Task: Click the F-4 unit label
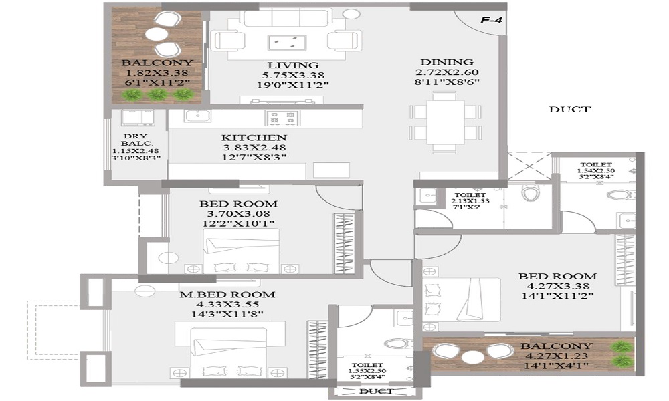coord(491,20)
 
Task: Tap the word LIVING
coord(293,65)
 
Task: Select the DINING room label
coord(447,62)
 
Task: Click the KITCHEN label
coord(254,138)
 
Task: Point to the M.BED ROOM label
coord(227,295)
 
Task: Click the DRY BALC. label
coord(136,140)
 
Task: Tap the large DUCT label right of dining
coord(569,109)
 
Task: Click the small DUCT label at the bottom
coord(375,391)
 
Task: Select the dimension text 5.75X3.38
coord(293,75)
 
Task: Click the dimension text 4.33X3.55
coord(227,305)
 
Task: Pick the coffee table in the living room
coord(287,43)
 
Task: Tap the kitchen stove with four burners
coord(282,118)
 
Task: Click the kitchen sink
coord(197,116)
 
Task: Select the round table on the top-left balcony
coord(156,34)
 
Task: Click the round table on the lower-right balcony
coord(473,357)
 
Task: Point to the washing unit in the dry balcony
coord(138,118)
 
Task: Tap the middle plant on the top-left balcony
coord(157,94)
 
